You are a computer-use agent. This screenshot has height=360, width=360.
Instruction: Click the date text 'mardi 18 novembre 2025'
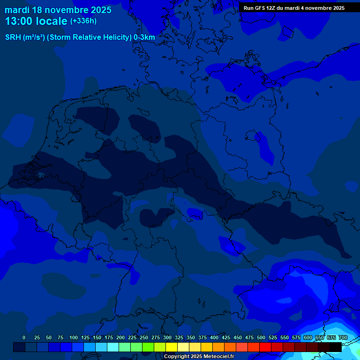pos(58,10)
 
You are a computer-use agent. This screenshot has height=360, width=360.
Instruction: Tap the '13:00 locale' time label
pos(36,21)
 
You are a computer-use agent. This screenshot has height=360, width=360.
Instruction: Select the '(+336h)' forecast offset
pos(83,21)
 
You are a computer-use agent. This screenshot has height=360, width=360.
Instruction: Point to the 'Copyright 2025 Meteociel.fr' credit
pos(199,356)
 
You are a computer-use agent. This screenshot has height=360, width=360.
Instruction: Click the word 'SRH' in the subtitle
pos(13,37)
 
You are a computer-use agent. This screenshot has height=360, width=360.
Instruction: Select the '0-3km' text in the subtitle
pos(144,37)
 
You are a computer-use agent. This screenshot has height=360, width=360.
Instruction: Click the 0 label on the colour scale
pos(24,337)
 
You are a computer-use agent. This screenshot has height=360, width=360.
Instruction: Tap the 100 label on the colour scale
pos(74,337)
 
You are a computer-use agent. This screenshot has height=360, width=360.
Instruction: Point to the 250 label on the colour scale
pos(144,337)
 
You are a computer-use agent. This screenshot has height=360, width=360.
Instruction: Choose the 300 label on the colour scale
pos(167,337)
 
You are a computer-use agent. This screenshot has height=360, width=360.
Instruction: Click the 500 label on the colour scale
pos(261,337)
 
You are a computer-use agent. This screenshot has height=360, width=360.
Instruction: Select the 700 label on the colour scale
pos(343,337)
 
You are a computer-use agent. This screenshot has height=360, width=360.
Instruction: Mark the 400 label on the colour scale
pos(214,337)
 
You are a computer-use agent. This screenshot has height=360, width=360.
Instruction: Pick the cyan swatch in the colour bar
pos(113,347)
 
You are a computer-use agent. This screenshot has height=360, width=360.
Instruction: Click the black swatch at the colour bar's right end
pos(336,347)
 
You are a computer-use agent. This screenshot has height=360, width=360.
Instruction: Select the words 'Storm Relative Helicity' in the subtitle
pos(89,37)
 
